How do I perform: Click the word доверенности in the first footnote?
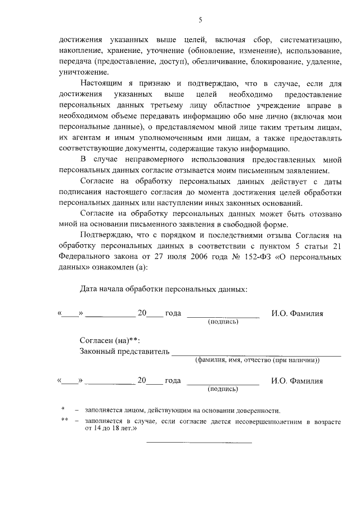(x=256, y=410)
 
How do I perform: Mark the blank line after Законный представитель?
(x=256, y=355)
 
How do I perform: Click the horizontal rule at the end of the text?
(x=199, y=442)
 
